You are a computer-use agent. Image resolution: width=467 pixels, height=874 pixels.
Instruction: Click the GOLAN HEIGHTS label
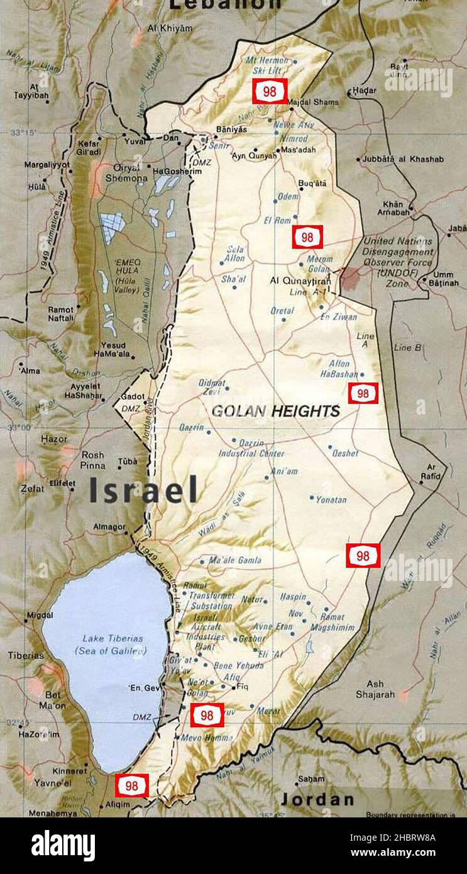click(275, 412)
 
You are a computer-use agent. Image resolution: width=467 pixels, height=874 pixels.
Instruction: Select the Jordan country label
click(317, 800)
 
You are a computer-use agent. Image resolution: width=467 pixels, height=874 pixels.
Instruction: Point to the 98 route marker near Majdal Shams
click(270, 92)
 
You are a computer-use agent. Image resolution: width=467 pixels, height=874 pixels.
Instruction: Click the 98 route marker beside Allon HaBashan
click(363, 394)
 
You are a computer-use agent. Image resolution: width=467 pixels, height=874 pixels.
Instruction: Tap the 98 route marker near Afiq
click(207, 716)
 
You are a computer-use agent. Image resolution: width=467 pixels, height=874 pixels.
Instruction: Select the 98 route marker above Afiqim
click(131, 785)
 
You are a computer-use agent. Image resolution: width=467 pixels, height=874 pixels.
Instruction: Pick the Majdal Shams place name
click(313, 102)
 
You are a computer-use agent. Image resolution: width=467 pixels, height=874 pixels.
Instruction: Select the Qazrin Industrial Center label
click(251, 448)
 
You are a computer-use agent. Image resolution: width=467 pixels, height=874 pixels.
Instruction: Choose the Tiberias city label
click(26, 655)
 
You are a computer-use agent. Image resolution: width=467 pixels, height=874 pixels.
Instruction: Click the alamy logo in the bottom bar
click(63, 845)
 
